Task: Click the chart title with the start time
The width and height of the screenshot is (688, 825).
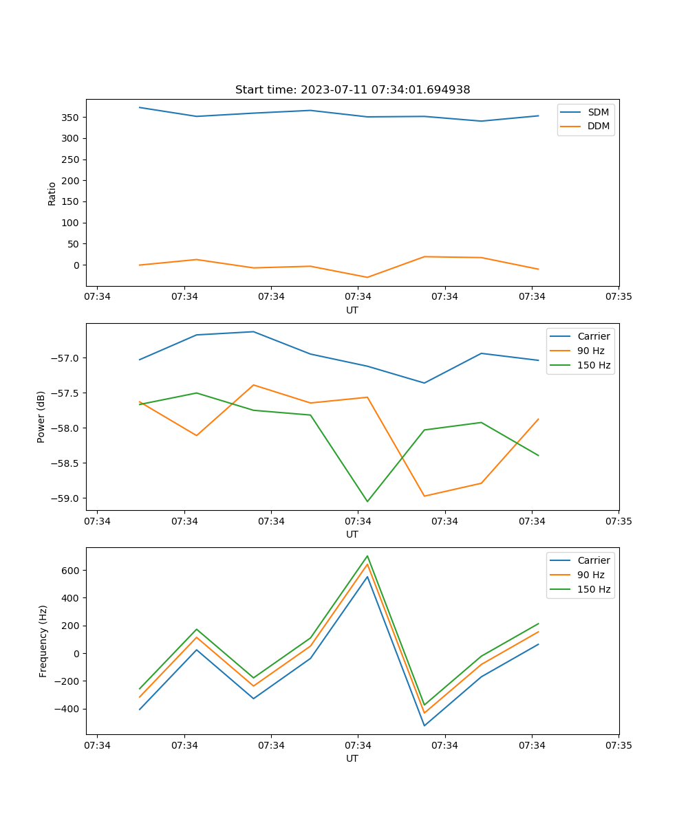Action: (x=352, y=90)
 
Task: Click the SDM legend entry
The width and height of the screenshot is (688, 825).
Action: (x=598, y=112)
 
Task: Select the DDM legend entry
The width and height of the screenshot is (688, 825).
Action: (x=599, y=126)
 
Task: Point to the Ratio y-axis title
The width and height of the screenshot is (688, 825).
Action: (x=52, y=193)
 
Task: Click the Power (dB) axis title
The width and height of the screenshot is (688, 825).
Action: (x=41, y=417)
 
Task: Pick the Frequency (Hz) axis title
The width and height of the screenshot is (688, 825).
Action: (x=43, y=641)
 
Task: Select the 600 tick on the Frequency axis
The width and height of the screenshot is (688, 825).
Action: (x=72, y=571)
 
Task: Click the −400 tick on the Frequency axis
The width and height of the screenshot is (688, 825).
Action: (x=69, y=709)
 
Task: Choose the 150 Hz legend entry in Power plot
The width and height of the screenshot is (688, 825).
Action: (x=594, y=366)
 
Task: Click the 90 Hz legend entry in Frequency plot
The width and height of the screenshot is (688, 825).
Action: (x=591, y=575)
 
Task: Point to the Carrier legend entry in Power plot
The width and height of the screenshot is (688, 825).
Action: (x=594, y=337)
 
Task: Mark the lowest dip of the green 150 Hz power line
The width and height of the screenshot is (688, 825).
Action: (x=367, y=501)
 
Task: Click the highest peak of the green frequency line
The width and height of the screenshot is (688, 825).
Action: (x=367, y=555)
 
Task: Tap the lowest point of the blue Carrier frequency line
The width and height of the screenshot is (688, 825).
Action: (x=424, y=725)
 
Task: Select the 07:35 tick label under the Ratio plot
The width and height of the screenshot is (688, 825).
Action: (x=619, y=297)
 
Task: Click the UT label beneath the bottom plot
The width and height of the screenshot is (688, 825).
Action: (x=352, y=758)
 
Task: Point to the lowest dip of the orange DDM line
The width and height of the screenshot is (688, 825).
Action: (x=367, y=277)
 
